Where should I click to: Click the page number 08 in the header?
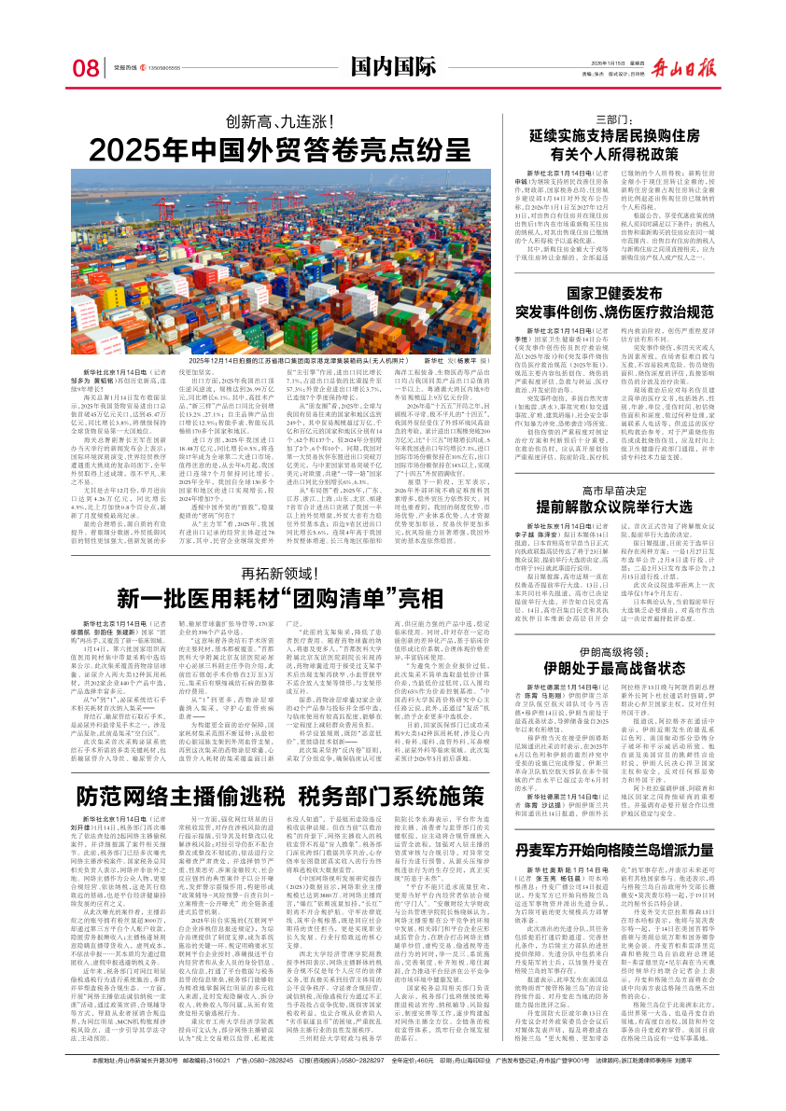(x=85, y=68)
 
